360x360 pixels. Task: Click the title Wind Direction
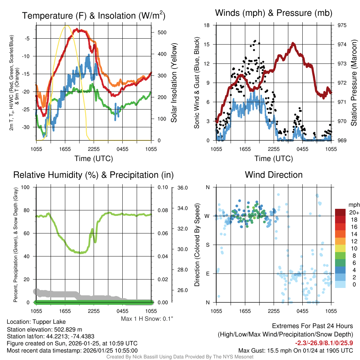(274, 175)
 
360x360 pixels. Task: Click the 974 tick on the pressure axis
(342, 45)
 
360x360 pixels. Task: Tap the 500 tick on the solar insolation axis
(162, 32)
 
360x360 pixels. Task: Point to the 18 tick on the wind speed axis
(207, 25)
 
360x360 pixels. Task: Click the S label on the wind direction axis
(207, 245)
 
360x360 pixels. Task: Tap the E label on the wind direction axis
(207, 274)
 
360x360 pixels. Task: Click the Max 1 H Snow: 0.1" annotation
(147, 319)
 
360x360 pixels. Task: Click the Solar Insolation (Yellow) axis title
(174, 83)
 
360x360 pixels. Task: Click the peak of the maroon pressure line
(293, 44)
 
